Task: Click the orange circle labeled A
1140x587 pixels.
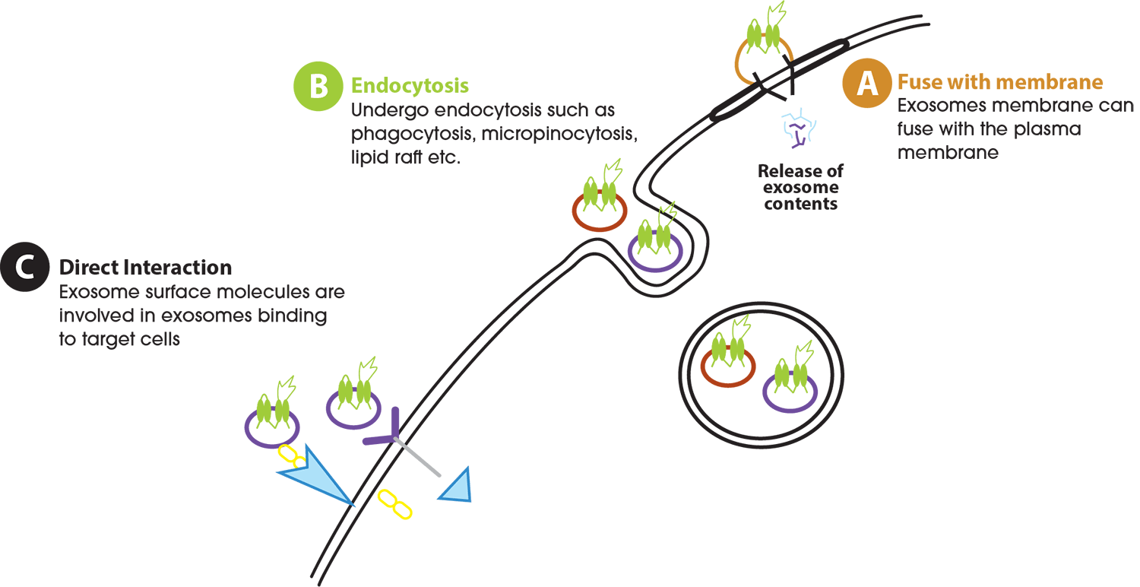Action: [866, 84]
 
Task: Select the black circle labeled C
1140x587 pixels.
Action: [24, 268]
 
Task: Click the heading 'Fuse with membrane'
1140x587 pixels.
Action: [1000, 82]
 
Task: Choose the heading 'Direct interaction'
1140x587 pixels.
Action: [145, 268]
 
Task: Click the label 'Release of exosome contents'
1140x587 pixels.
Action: [800, 187]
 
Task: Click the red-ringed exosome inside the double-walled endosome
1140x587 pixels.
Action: [727, 363]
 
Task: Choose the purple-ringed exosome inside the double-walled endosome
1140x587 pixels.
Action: [790, 384]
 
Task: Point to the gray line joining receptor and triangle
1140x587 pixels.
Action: [420, 461]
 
